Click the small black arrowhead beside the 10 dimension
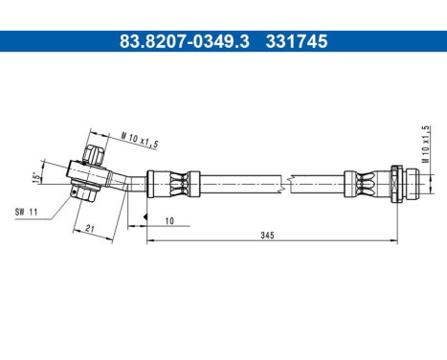(144, 219)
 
